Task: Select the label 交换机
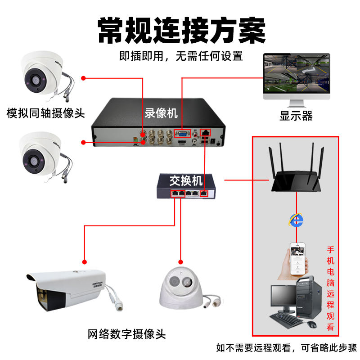coord(186,181)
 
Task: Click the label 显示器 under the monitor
coord(296,116)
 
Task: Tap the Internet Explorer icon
coord(296,220)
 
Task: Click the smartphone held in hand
coord(297,260)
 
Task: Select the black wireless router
coord(296,173)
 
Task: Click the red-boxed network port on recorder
coord(206,133)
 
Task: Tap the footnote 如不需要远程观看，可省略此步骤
coord(286,347)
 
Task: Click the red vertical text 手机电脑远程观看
coord(331,288)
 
